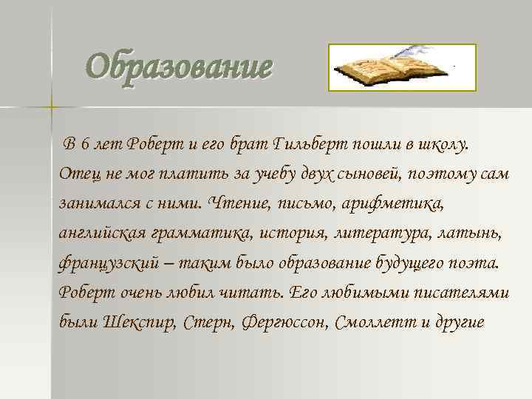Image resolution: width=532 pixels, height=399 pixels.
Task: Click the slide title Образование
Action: (178, 68)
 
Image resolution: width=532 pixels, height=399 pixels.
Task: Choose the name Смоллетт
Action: (375, 322)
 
